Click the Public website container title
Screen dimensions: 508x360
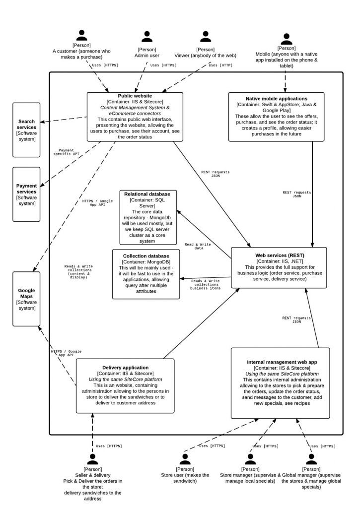[x=135, y=96]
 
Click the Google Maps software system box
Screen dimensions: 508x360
[x=26, y=298]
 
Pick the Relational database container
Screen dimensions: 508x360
[x=147, y=217]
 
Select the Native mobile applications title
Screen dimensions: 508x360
[x=277, y=99]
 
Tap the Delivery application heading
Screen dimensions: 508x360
[x=126, y=367]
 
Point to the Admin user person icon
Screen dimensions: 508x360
[x=146, y=37]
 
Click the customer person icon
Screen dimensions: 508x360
[x=82, y=35]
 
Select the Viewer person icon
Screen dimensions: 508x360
[x=206, y=37]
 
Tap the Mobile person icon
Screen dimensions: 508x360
[x=286, y=39]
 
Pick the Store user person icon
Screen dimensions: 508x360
[x=185, y=459]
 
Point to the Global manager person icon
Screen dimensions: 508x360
[x=311, y=459]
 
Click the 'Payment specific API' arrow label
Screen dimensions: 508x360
[x=66, y=152]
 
